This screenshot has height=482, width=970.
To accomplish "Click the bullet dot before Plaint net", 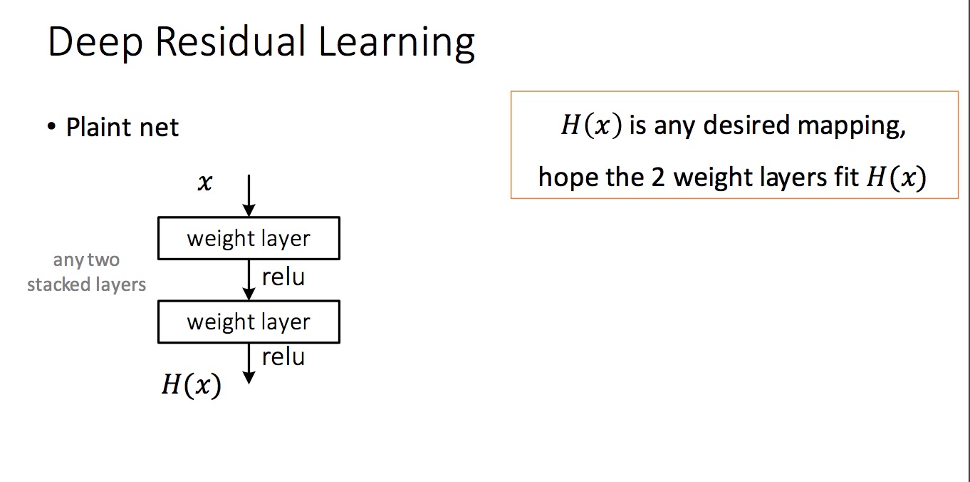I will [x=51, y=128].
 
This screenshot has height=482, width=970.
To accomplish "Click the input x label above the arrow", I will [x=204, y=183].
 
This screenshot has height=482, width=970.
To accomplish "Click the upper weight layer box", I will [x=249, y=238].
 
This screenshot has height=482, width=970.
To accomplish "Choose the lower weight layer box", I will [x=249, y=322].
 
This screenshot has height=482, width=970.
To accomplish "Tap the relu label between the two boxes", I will [x=283, y=277].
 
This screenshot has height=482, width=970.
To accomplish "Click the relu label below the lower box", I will [x=283, y=357].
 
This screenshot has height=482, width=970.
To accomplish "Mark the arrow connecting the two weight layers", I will [x=249, y=280].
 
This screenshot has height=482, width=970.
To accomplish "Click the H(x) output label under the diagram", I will [x=191, y=385].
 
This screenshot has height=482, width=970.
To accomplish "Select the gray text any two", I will [x=86, y=261].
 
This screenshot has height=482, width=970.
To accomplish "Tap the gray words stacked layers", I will [x=86, y=284].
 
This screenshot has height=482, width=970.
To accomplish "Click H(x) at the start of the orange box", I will [x=591, y=126].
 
